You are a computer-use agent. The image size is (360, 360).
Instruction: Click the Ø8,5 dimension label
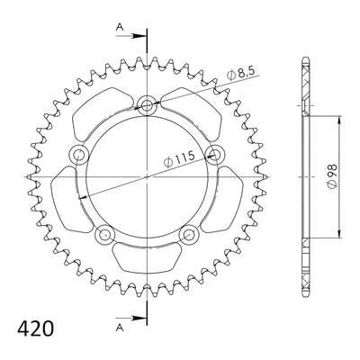click(240, 73)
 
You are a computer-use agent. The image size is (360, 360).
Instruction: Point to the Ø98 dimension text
click(332, 176)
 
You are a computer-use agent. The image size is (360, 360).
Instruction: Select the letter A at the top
click(120, 27)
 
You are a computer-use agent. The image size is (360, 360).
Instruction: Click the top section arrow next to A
click(130, 36)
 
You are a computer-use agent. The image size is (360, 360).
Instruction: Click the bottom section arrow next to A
click(130, 318)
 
